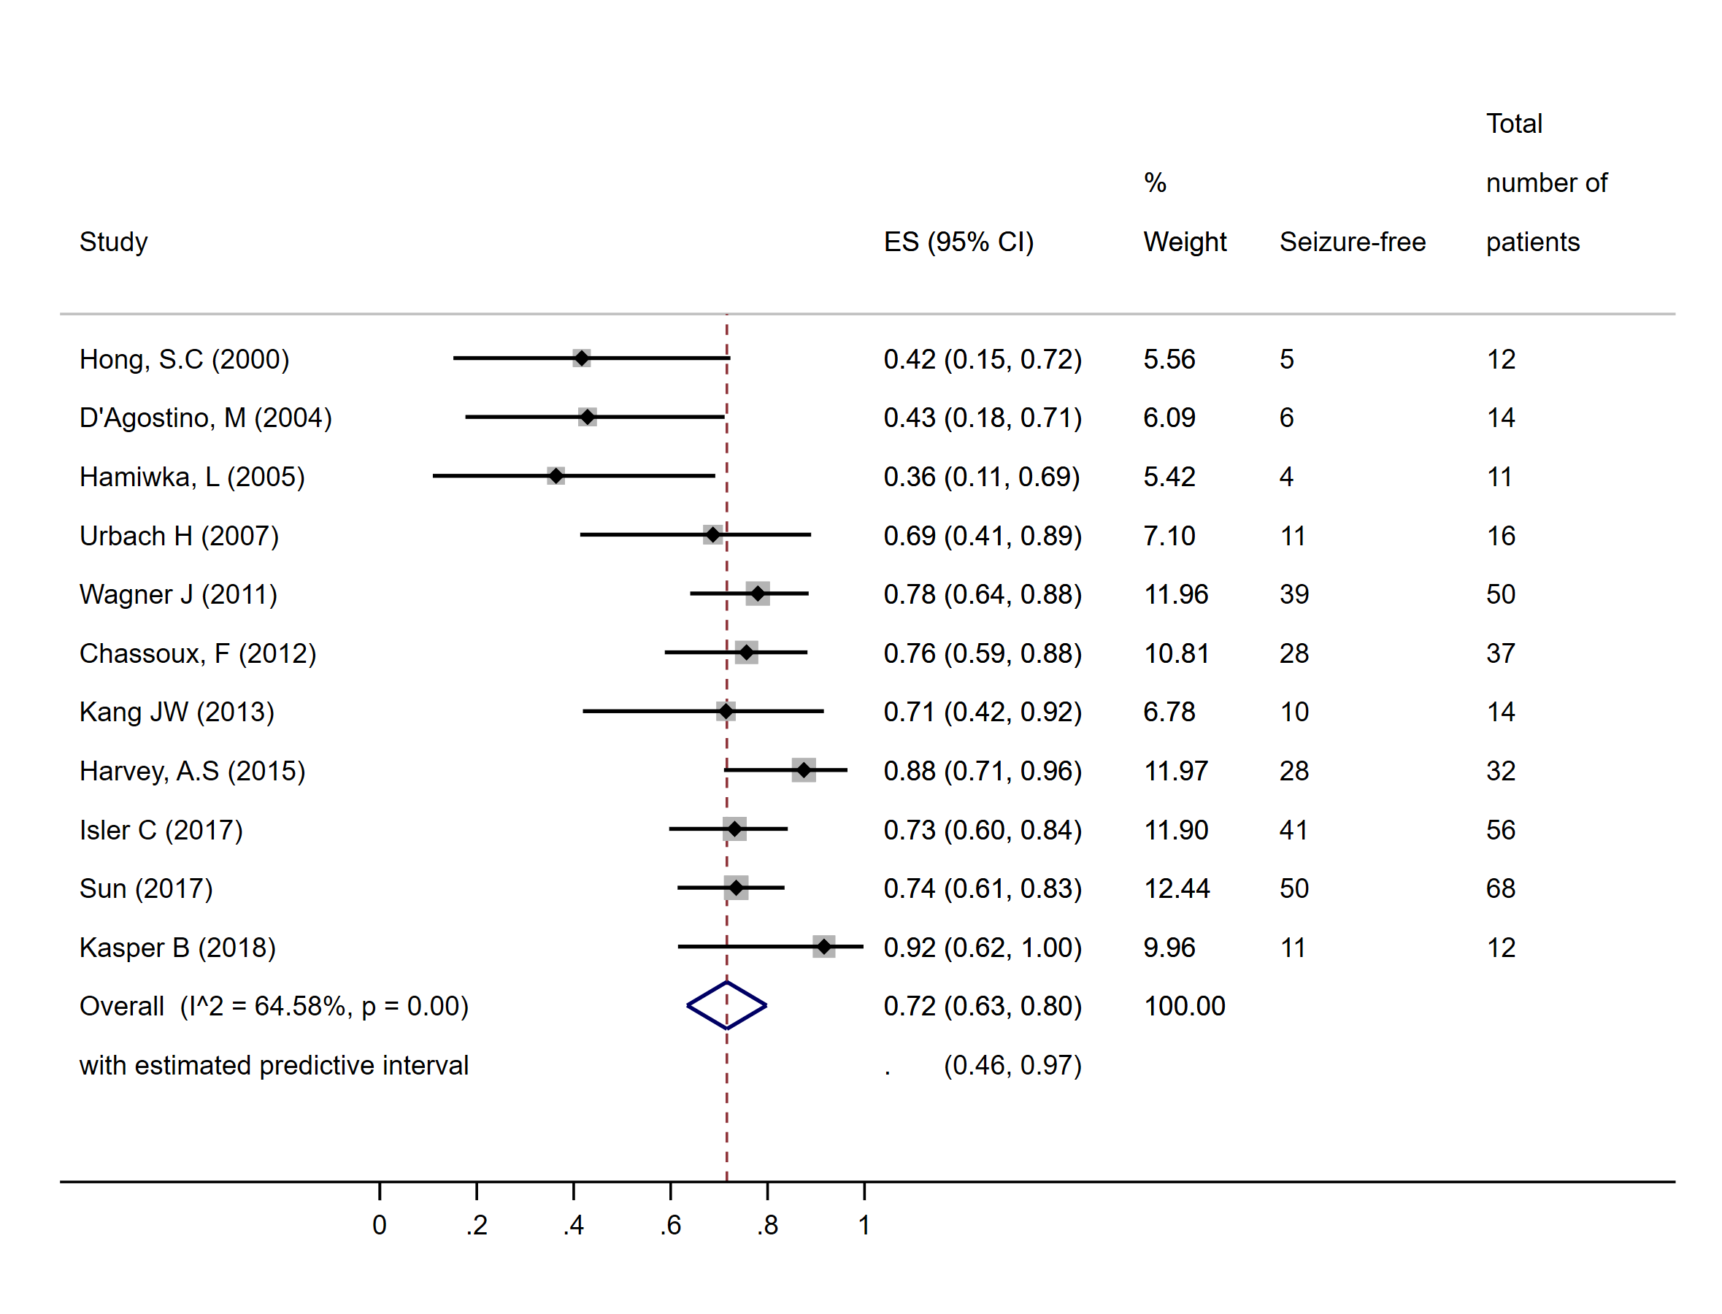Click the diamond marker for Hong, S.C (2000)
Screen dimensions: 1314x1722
581,358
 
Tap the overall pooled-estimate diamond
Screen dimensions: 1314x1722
726,1005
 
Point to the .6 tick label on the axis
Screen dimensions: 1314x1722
670,1225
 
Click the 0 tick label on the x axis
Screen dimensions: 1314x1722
380,1225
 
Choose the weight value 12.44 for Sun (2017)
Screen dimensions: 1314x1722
1176,888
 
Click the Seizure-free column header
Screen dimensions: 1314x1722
1352,242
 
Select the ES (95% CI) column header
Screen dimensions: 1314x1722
958,242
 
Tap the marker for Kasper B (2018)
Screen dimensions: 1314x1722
823,946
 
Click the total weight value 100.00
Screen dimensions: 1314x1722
1184,1006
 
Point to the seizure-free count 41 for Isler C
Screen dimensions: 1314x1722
1294,830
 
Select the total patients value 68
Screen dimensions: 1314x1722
1500,888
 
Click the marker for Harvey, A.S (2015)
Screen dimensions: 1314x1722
804,770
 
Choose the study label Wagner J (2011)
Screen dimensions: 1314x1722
178,594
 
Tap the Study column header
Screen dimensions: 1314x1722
113,242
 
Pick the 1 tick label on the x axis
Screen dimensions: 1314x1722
864,1225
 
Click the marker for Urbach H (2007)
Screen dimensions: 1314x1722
712,535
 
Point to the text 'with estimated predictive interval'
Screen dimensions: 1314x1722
274,1065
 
